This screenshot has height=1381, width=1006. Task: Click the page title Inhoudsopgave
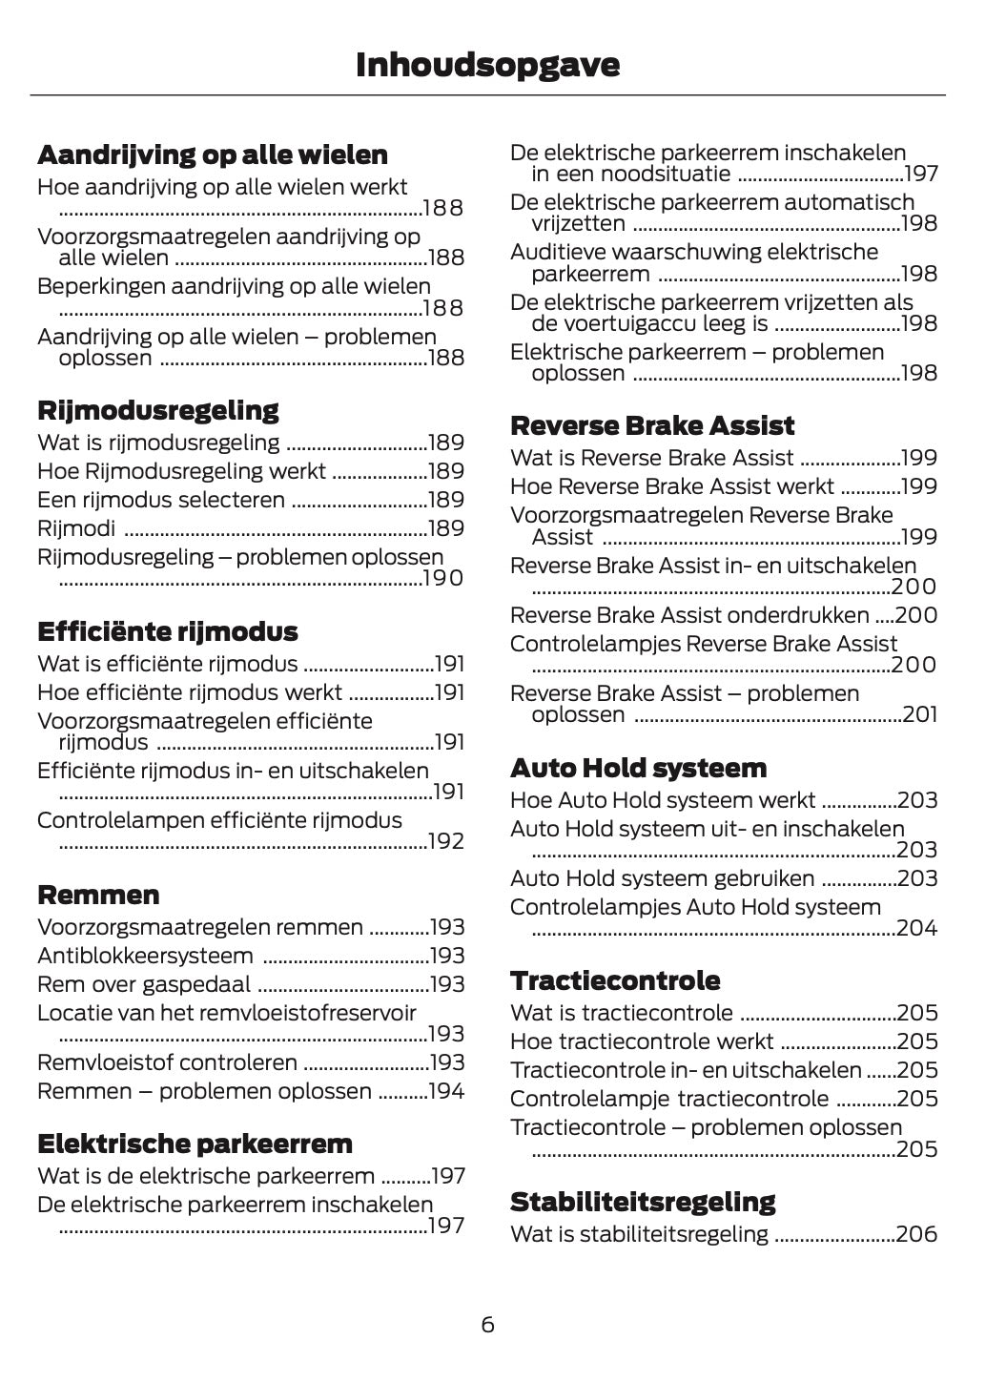487,65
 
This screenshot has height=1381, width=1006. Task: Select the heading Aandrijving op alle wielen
213,155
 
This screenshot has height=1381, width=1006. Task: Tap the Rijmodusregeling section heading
158,410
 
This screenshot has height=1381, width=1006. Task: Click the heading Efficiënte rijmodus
168,631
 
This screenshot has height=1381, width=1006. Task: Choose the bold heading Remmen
98,895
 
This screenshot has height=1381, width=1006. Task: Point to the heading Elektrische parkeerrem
195,1144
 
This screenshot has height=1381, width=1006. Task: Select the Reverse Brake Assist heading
652,425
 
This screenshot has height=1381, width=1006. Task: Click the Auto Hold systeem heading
638,768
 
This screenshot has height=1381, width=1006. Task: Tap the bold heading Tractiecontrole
615,980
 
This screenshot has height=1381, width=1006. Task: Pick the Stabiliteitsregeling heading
643,1201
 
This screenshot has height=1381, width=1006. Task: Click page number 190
443,579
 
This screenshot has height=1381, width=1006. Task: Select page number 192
445,842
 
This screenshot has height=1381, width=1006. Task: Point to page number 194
446,1091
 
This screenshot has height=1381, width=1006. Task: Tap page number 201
919,714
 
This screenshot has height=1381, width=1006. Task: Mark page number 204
917,928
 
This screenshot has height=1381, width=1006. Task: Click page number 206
917,1234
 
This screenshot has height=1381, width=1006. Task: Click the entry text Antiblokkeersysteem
145,956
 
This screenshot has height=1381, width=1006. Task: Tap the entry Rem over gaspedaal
144,984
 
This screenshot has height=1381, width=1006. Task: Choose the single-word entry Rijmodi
76,528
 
